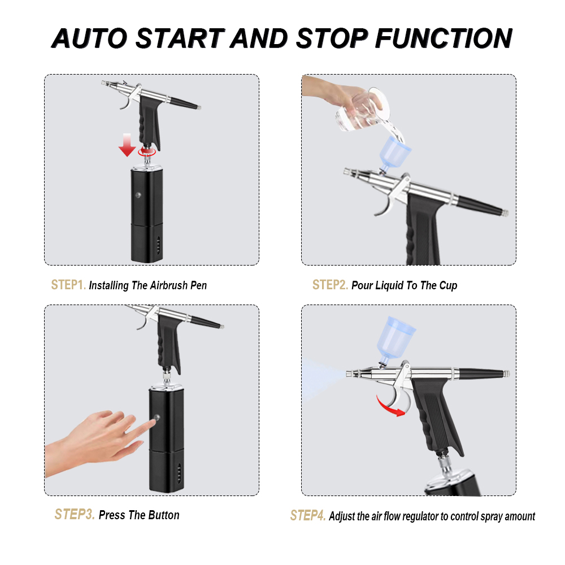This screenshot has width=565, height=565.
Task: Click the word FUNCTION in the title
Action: (444, 38)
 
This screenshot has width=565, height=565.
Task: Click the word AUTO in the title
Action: (90, 38)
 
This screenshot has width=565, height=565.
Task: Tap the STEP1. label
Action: (68, 285)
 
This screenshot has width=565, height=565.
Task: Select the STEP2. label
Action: (330, 285)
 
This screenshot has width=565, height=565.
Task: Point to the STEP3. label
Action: (75, 514)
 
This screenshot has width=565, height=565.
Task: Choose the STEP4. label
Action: (308, 515)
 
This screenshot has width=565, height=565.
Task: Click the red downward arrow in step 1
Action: (127, 145)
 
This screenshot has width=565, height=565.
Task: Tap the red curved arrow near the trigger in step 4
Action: (390, 406)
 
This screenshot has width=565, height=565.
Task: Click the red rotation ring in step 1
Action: (147, 151)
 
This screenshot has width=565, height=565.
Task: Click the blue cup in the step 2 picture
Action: (394, 154)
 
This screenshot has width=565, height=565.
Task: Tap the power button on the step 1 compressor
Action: (138, 195)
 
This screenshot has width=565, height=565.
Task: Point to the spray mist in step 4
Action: (323, 379)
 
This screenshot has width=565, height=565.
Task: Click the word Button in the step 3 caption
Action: (164, 515)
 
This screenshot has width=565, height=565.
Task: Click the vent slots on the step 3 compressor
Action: (179, 473)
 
